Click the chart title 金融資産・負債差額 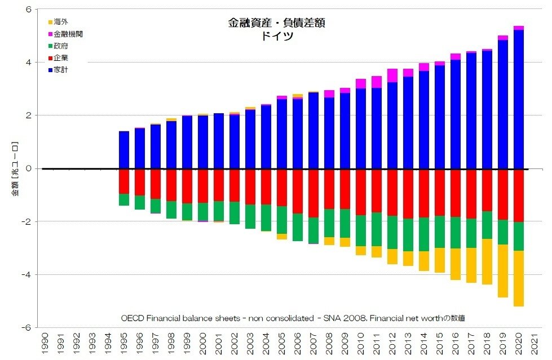pyautogui.click(x=276, y=23)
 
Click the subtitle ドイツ pyautogui.click(x=276, y=36)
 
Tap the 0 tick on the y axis pyautogui.click(x=29, y=168)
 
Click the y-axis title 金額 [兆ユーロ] pyautogui.click(x=15, y=168)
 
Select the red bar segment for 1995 pyautogui.click(x=124, y=181)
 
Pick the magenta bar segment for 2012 pyautogui.click(x=392, y=75)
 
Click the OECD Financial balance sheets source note pyautogui.click(x=293, y=318)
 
